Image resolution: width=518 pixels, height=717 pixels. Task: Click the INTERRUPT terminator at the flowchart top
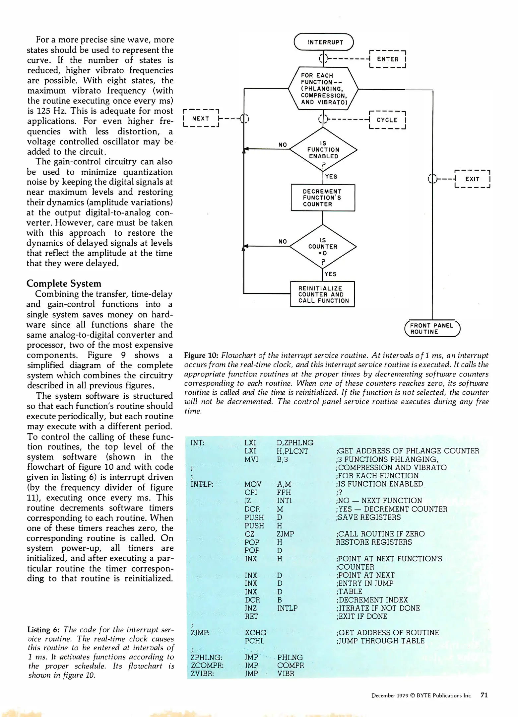[324, 42]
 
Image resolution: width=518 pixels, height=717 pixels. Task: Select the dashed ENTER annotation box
[387, 59]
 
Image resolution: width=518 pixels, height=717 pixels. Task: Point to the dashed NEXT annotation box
[201, 119]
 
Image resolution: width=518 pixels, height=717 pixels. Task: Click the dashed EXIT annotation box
[472, 179]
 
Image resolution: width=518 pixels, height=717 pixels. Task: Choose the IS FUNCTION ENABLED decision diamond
[323, 150]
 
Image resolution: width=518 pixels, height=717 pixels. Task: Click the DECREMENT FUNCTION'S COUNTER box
[323, 198]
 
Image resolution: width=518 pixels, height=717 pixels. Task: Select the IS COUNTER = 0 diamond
[323, 247]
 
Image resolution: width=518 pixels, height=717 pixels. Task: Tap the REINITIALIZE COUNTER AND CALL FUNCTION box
[322, 294]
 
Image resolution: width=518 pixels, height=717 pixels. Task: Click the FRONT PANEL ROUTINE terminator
[432, 329]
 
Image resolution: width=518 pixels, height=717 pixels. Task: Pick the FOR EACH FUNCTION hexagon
[323, 89]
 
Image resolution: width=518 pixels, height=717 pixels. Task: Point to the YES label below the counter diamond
[330, 274]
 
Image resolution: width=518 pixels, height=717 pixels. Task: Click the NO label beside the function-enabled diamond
[283, 145]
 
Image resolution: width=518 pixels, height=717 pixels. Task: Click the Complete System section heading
[64, 283]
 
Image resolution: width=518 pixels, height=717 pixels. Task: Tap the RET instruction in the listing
[251, 616]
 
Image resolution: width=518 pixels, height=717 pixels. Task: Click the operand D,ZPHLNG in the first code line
[295, 443]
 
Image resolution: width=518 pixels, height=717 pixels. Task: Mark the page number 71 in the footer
[484, 695]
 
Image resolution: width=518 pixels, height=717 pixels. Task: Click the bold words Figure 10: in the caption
[201, 356]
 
